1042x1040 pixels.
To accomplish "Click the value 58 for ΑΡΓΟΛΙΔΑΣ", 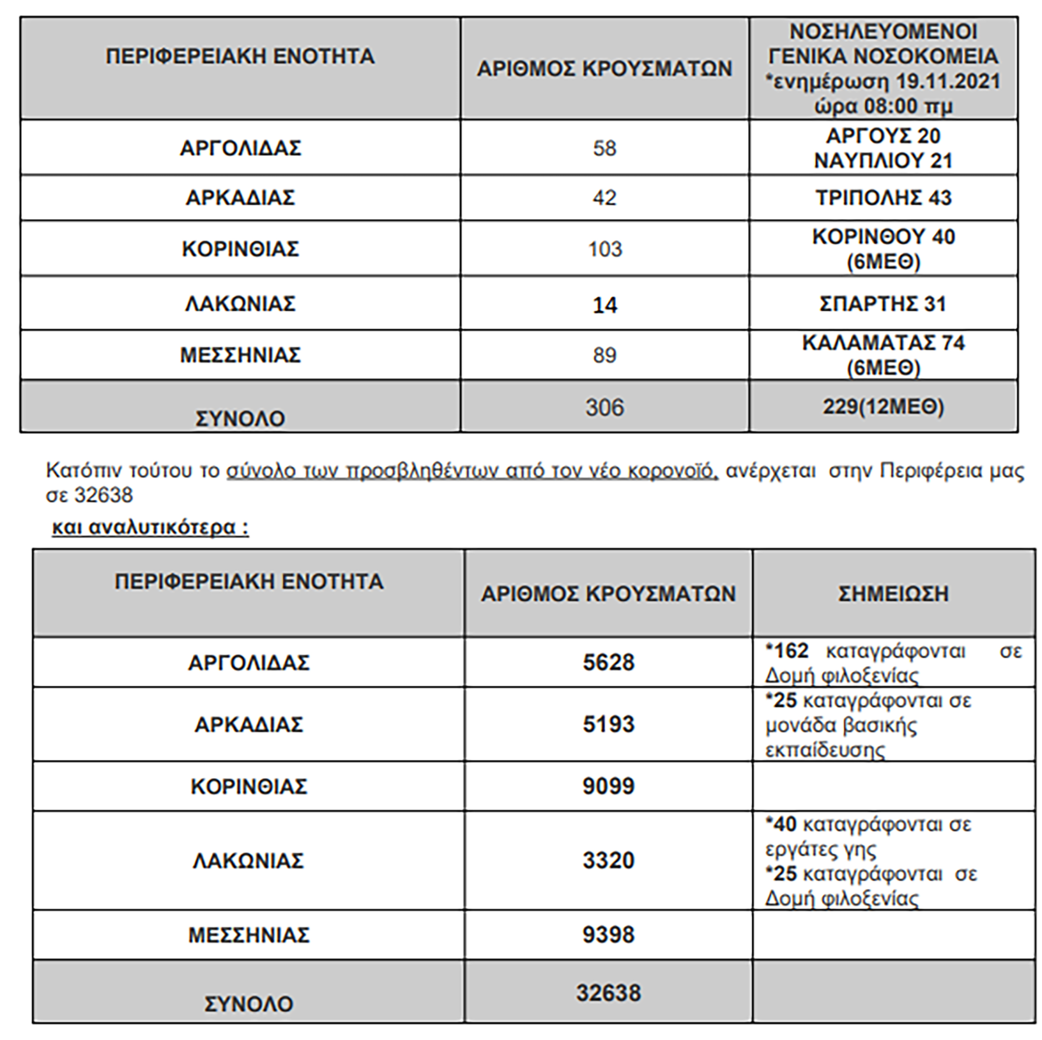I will tap(604, 148).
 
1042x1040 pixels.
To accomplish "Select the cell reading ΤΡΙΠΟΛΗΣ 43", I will tap(884, 198).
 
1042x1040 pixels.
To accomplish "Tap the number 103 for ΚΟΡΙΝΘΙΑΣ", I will tap(605, 249).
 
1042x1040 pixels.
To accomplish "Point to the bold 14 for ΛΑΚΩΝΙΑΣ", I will tap(605, 305).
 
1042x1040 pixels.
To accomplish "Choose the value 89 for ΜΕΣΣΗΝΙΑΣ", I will tap(604, 355).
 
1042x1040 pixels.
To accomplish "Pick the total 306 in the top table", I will tap(605, 407).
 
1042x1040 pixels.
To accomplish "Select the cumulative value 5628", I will tap(608, 662).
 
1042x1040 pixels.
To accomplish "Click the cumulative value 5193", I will tap(608, 724).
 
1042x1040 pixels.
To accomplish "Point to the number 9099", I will tap(608, 786).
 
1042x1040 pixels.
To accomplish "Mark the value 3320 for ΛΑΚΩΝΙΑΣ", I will tap(608, 860).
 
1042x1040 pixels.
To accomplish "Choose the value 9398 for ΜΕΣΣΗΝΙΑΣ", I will tap(608, 935).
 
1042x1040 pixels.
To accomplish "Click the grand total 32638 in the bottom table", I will tap(608, 992).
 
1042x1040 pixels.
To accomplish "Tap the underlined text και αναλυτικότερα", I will tap(150, 527).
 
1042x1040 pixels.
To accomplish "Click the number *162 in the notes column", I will tap(787, 651).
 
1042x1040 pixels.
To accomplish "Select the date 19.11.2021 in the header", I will tap(948, 82).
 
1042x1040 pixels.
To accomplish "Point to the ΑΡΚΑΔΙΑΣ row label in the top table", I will tap(241, 198).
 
